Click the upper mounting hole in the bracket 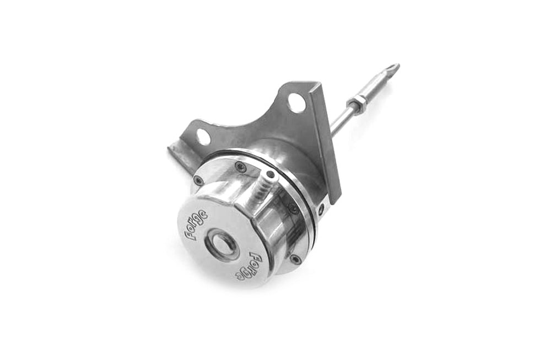point(295,103)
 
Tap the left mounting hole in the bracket point(203,136)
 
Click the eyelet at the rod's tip point(393,68)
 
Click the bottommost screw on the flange point(295,258)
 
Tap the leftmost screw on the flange point(198,180)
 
